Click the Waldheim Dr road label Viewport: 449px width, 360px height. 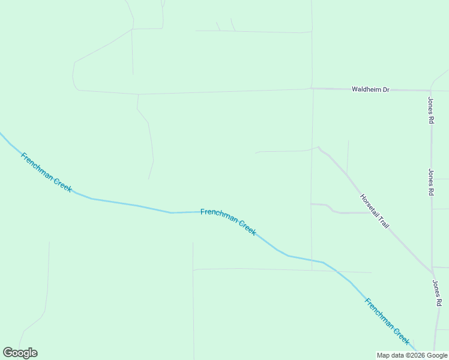[x=370, y=89]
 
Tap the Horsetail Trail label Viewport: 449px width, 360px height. [x=375, y=211]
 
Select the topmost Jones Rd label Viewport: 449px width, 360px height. [x=431, y=110]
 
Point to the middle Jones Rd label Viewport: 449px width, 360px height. [x=431, y=182]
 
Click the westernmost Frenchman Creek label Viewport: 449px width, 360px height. [x=46, y=172]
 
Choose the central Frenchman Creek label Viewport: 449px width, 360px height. [x=228, y=221]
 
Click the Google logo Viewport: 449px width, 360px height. [x=20, y=353]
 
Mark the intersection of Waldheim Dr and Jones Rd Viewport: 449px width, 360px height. [x=430, y=91]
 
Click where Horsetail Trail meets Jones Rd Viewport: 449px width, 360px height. [x=431, y=269]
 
